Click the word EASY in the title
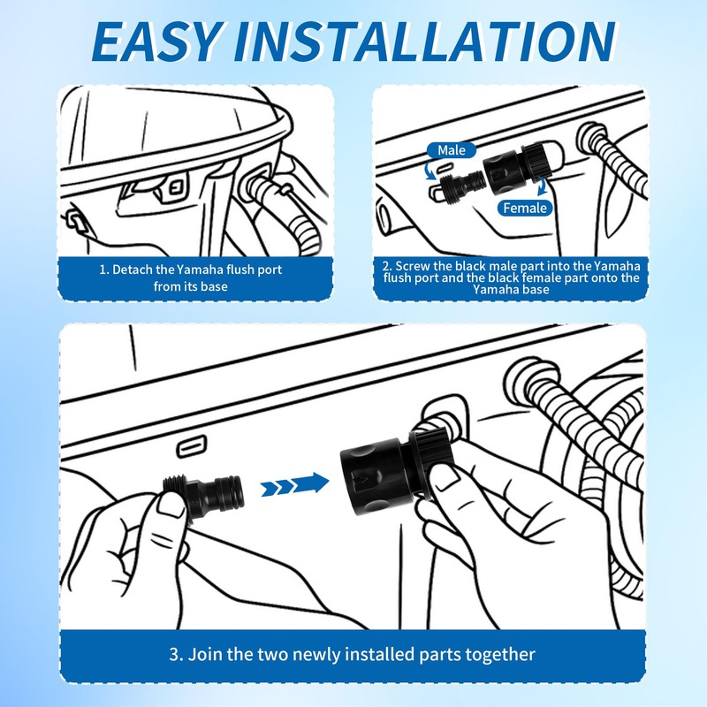point(158,41)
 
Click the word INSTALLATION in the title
point(424,41)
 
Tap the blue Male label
point(451,150)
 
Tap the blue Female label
point(524,208)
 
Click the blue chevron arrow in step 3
point(295,484)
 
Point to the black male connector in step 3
point(204,494)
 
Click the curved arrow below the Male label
point(430,170)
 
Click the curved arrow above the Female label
point(541,186)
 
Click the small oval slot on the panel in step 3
point(192,447)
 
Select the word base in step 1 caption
point(215,286)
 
